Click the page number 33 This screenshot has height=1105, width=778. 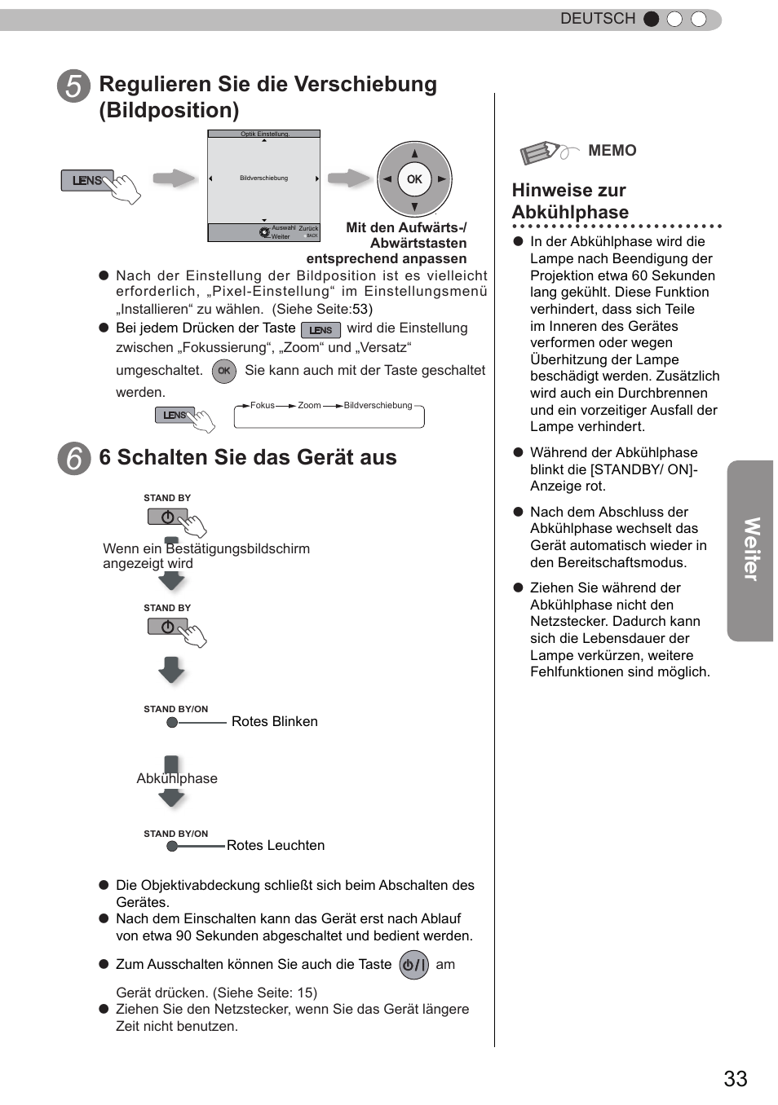[x=735, y=1078]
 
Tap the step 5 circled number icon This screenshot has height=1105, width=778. [x=74, y=86]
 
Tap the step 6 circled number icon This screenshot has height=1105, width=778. [x=74, y=459]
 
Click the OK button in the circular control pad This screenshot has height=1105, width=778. [x=414, y=179]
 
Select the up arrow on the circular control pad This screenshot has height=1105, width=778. [x=414, y=153]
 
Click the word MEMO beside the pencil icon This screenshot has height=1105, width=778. [x=612, y=151]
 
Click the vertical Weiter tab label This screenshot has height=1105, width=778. [x=750, y=550]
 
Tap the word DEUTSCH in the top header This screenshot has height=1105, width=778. [x=597, y=19]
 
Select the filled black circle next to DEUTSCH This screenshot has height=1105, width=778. [x=651, y=20]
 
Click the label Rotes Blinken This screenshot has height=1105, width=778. [x=274, y=722]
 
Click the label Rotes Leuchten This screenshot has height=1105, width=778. [x=276, y=846]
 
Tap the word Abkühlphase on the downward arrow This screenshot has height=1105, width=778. [x=177, y=779]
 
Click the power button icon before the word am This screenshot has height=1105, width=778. [x=414, y=965]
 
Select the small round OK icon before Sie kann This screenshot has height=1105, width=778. [x=223, y=371]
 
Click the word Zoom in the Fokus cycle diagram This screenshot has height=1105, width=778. [x=309, y=405]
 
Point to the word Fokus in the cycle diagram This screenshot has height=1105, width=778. [x=263, y=405]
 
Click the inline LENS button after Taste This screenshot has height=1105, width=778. [x=320, y=330]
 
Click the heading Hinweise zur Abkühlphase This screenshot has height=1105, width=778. [x=570, y=201]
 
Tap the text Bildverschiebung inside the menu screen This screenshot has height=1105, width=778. [x=263, y=178]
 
